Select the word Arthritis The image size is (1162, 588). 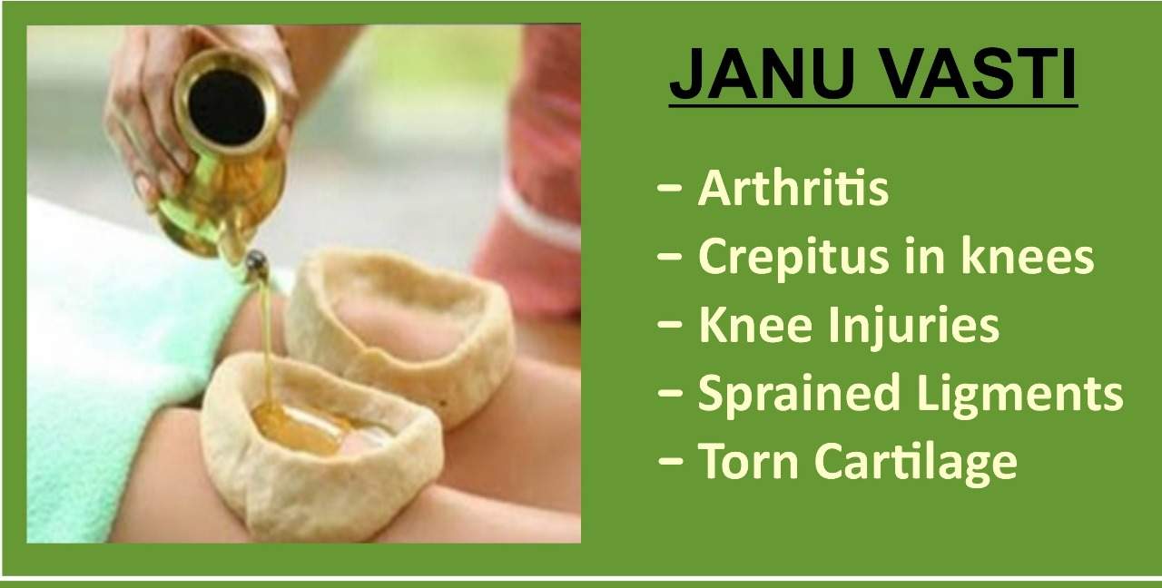[x=793, y=188]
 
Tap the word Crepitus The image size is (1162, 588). [x=793, y=258]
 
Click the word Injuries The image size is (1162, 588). [x=913, y=326]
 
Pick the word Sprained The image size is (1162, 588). [x=799, y=394]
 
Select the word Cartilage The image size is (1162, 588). [x=916, y=463]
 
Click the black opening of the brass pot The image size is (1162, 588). [x=227, y=106]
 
